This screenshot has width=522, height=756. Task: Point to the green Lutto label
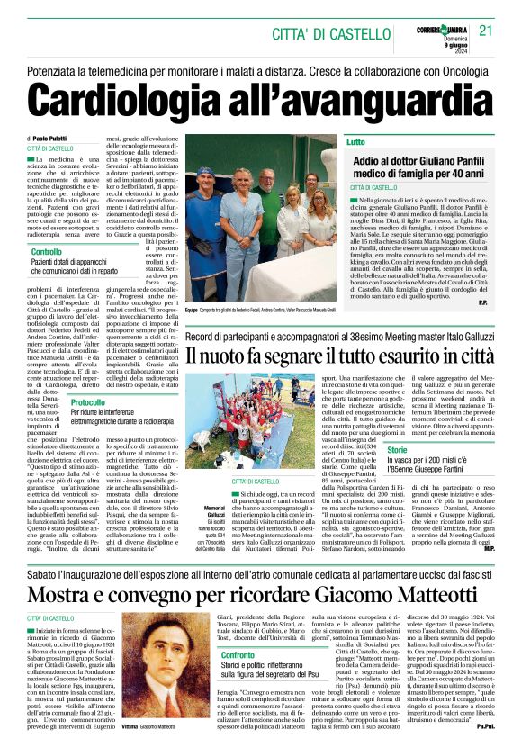356,142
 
